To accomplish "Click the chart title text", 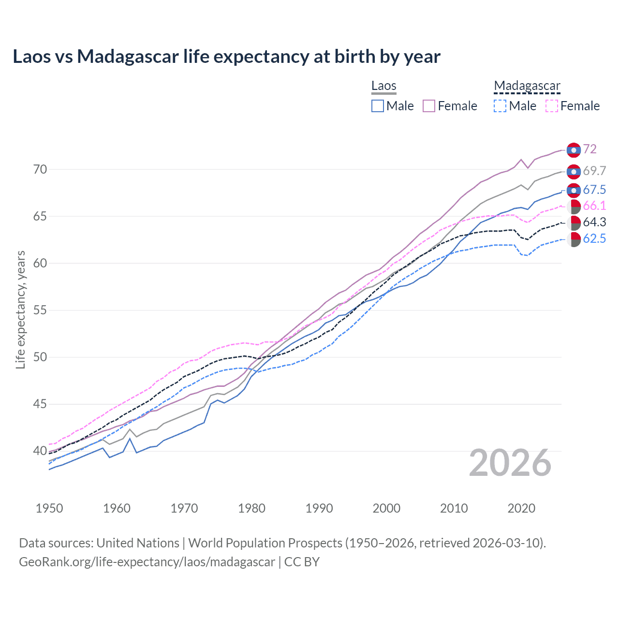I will point(226,57).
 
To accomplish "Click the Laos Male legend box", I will point(378,106).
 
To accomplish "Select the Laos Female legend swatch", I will point(429,106).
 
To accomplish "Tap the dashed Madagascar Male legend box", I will point(500,106).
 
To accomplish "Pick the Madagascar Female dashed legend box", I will point(551,106).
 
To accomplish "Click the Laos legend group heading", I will point(383,86).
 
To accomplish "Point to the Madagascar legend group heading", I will point(527,86).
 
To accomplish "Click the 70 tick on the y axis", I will point(40,169).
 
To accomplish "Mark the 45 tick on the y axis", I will point(40,404).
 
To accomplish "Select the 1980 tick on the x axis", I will point(251,508).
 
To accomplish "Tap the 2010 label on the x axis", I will point(454,508).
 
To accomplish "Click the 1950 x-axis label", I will point(49,508).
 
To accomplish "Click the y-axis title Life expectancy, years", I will point(20,309).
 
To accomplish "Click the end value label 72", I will point(590,149).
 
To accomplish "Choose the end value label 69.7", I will point(594,171).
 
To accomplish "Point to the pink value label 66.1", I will point(594,206).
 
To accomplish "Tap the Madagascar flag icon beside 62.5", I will point(574,239).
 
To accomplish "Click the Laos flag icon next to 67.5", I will point(574,191).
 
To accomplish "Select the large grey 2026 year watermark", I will point(510,463).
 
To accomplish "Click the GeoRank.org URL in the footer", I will point(147,562).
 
